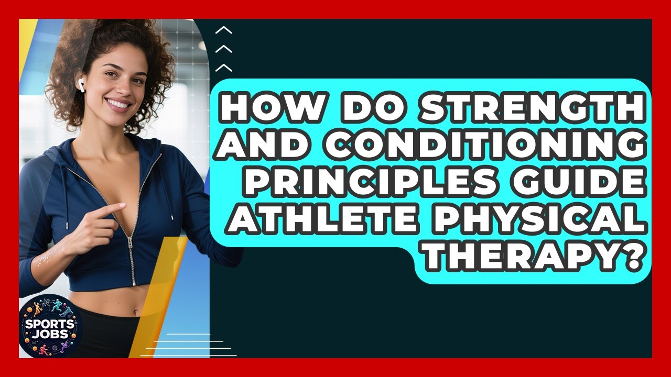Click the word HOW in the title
(264, 108)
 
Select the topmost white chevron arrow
(224, 30)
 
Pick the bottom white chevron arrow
(224, 67)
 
